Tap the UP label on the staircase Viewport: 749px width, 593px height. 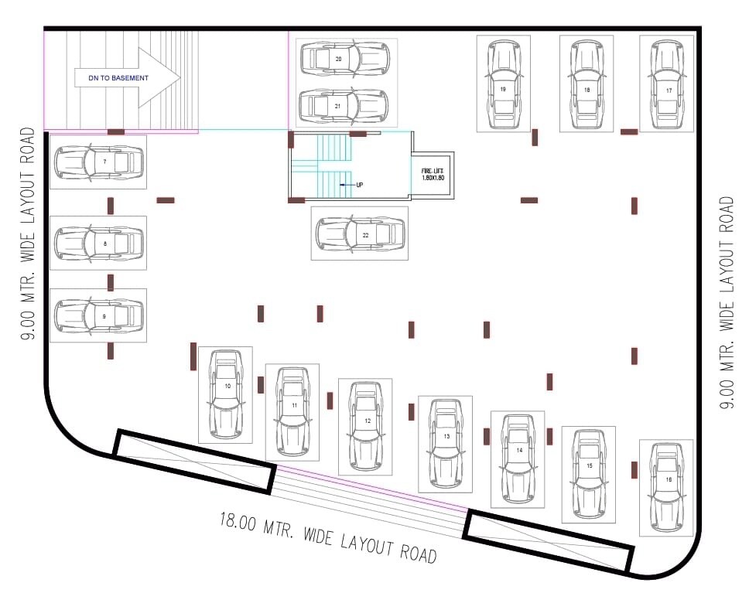(x=358, y=185)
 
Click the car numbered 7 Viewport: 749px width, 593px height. (x=97, y=162)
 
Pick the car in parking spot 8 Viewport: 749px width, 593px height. (x=97, y=243)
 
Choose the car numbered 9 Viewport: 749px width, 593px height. (x=97, y=315)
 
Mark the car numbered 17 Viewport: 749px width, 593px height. (x=667, y=83)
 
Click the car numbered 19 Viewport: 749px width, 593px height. (x=503, y=83)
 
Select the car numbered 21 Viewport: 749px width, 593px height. (x=344, y=106)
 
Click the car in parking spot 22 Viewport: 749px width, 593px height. (x=361, y=233)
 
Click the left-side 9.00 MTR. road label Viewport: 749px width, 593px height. (x=29, y=233)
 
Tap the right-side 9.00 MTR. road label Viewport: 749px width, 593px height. (x=726, y=302)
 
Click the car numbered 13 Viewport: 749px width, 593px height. (x=445, y=443)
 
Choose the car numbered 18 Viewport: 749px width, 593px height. (x=587, y=83)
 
